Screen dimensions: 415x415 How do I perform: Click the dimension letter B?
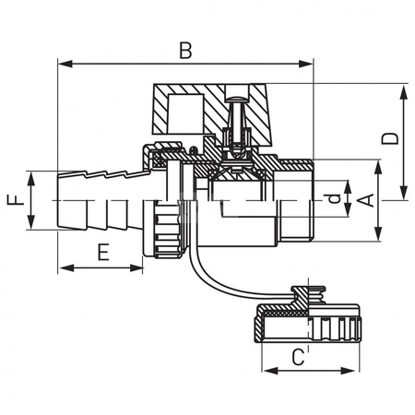pyautogui.click(x=185, y=51)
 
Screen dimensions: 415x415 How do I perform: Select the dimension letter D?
pyautogui.click(x=390, y=138)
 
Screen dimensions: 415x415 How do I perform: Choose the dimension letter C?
pyautogui.click(x=299, y=356)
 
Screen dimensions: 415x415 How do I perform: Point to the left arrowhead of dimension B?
pyautogui.click(x=62, y=64)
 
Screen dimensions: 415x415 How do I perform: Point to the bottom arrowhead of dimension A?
pyautogui.click(x=379, y=238)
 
